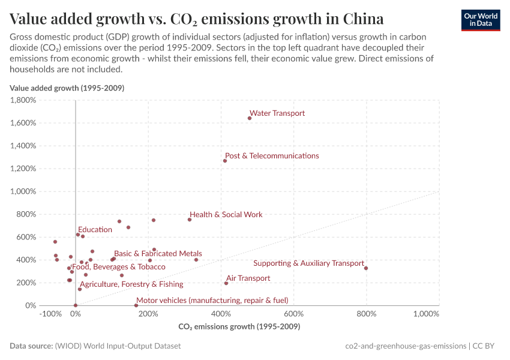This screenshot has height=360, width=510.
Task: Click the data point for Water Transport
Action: [x=250, y=118]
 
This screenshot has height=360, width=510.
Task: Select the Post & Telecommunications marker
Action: [x=225, y=161]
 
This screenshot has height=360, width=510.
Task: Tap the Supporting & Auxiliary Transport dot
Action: [x=366, y=268]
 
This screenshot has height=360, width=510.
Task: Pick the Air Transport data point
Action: [x=226, y=283]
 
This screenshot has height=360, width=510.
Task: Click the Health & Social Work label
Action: [x=226, y=214]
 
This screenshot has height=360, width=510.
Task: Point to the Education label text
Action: [x=95, y=229]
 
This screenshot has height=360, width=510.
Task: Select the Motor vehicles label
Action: [x=212, y=300]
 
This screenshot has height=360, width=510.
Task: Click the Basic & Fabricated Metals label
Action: [x=158, y=254]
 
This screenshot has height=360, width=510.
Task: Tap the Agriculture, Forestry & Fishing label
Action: [x=131, y=284]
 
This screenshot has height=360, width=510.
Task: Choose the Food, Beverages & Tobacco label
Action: [x=118, y=266]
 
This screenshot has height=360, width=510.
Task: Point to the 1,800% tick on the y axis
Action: [x=23, y=100]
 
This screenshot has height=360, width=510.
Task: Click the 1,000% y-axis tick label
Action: [x=23, y=191]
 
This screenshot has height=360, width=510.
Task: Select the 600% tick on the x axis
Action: [x=293, y=314]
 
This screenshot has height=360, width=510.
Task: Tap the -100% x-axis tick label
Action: [x=50, y=314]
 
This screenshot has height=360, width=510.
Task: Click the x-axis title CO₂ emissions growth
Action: [x=239, y=327]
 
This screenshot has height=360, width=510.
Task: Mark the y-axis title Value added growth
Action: [x=67, y=88]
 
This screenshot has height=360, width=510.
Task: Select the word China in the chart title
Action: [x=363, y=18]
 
